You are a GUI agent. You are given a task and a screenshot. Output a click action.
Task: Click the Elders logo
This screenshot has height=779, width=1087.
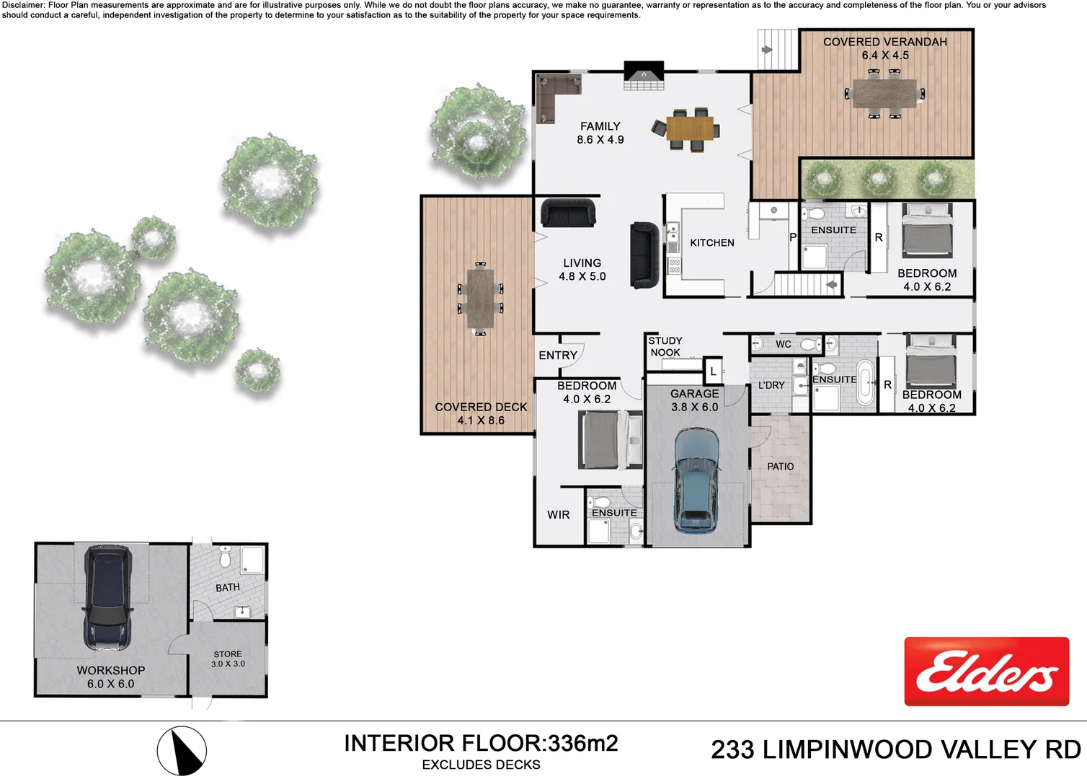pos(986,672)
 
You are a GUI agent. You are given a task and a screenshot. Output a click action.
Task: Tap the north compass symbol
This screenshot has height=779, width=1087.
pos(182,751)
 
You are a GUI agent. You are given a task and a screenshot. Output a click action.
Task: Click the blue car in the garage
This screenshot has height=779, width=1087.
pos(696,480)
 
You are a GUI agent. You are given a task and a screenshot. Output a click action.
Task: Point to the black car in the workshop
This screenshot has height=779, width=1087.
pos(108,597)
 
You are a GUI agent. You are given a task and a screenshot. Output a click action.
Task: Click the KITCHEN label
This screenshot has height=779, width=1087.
pos(711,243)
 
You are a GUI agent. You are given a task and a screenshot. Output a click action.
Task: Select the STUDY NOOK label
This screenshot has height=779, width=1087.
pos(665,347)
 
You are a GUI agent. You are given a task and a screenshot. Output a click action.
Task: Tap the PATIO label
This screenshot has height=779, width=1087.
pos(780,467)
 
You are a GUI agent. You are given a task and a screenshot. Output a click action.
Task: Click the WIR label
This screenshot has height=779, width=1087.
pos(558,515)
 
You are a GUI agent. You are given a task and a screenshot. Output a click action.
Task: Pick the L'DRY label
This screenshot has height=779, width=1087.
pos(771,385)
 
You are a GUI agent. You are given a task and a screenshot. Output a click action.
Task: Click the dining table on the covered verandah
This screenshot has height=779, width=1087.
pos(884,93)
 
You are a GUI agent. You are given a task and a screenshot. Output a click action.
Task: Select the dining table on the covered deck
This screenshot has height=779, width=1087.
pos(480,298)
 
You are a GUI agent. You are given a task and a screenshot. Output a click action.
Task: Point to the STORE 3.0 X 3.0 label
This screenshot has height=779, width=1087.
pos(228,659)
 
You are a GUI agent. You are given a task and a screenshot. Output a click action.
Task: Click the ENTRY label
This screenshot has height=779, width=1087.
pos(558,356)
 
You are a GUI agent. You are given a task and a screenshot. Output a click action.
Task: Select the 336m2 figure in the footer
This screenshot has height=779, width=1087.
pos(582,744)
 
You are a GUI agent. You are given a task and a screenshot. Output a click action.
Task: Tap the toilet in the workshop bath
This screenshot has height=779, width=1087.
pos(224,558)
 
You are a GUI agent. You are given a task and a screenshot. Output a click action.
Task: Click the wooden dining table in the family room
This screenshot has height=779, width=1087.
pos(689,129)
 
